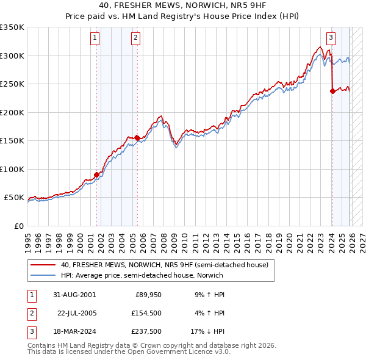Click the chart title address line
click(x=182, y=6)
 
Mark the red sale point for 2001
click(x=96, y=175)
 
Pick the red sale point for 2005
click(x=137, y=138)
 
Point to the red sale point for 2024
click(x=332, y=91)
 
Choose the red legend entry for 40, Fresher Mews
click(x=164, y=265)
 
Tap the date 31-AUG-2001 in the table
click(x=74, y=295)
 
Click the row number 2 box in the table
click(x=31, y=314)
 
